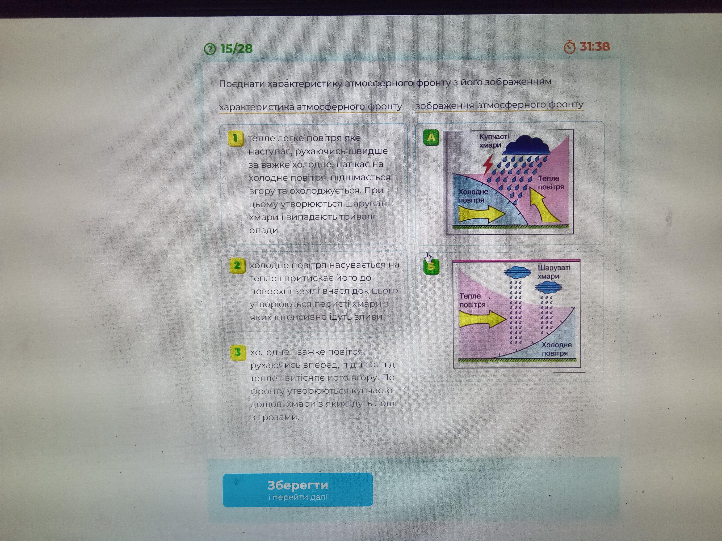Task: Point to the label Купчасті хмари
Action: point(494,141)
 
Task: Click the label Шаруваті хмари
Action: point(554,272)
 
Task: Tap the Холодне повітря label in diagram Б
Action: point(556,349)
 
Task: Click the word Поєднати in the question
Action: point(242,84)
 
